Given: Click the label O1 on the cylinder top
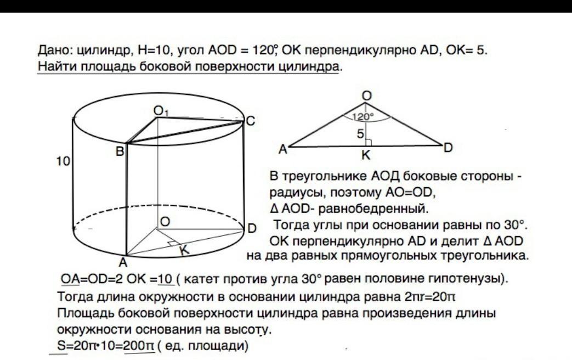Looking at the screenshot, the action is coord(161,112).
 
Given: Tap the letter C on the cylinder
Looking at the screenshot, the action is coord(250,121).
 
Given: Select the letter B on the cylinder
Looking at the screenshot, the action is coord(120,149).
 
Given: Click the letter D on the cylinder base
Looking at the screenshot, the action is coord(252,228).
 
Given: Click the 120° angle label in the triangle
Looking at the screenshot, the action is coord(363,116).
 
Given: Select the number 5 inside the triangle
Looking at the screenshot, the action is coord(360,133).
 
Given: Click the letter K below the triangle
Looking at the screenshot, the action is coord(366,156).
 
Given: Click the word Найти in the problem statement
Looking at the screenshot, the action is coord(57,67).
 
